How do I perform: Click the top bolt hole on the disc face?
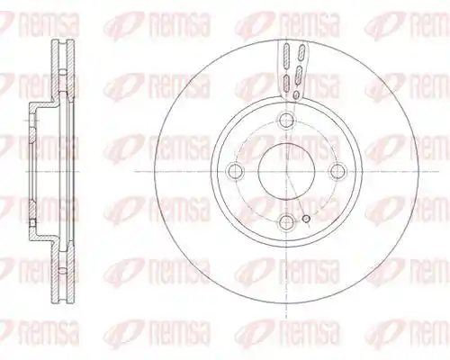[287, 121]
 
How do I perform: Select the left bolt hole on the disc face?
[236, 171]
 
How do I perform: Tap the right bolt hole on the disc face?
[337, 171]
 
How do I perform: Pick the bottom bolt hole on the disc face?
[287, 221]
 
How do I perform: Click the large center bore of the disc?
[287, 171]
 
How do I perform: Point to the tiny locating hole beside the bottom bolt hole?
[306, 220]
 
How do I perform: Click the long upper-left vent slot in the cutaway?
[286, 56]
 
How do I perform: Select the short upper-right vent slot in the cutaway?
[301, 51]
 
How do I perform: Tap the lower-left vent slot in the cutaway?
[286, 83]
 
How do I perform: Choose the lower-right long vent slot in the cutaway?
[299, 75]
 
